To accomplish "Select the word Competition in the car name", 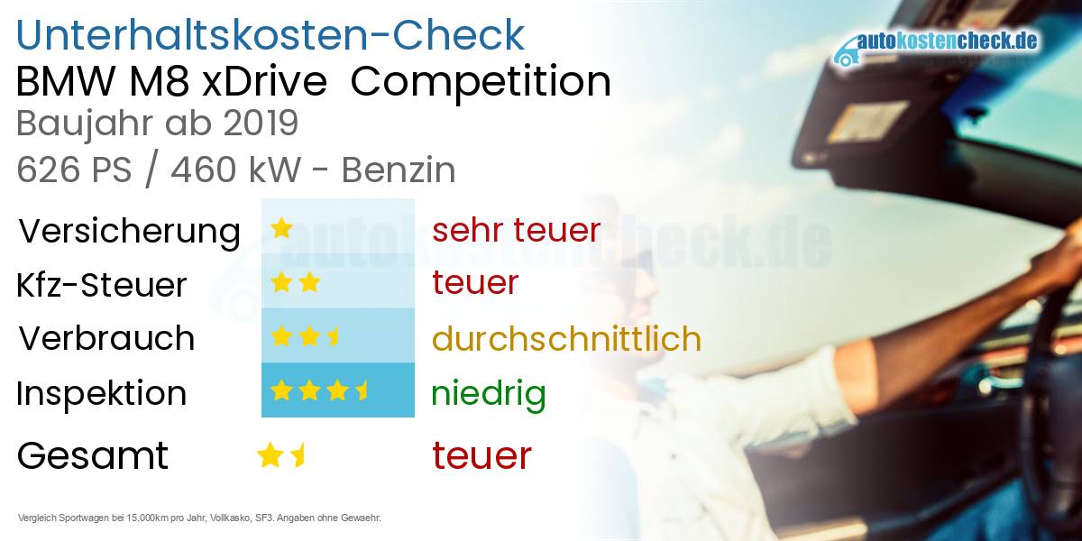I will (x=481, y=82).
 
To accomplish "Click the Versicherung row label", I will (x=129, y=231).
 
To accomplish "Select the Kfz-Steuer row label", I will (x=102, y=285).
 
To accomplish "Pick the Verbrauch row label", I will (x=106, y=338).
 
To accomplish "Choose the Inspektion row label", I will (x=102, y=393).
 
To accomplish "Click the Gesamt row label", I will (x=92, y=455).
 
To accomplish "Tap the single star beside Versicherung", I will (x=281, y=228).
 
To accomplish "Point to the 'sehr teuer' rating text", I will (x=516, y=230).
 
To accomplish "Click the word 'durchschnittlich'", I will (x=566, y=339).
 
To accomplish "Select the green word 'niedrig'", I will (x=488, y=393).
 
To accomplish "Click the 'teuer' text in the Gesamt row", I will (x=481, y=455).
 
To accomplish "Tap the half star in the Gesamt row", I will (x=298, y=454).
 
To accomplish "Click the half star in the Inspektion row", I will (x=362, y=390).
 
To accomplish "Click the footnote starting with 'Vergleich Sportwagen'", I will (x=199, y=518).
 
